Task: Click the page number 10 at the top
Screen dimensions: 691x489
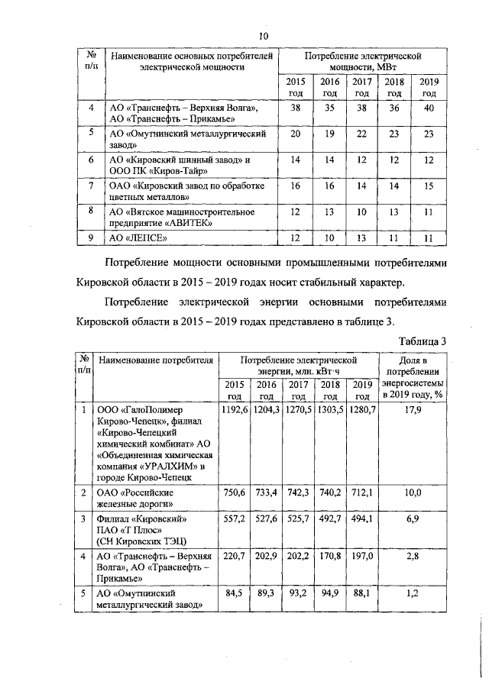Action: (x=263, y=36)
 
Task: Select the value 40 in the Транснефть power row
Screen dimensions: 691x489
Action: (x=429, y=108)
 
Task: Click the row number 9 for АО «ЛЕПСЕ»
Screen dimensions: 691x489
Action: (x=91, y=237)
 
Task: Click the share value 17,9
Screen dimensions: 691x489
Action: (x=413, y=411)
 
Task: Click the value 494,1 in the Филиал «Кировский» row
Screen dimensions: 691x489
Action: (x=363, y=518)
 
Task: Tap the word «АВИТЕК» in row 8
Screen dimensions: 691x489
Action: (x=178, y=223)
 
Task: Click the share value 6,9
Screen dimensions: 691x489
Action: (x=413, y=518)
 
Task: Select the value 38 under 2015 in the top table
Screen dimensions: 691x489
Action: (x=295, y=108)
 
